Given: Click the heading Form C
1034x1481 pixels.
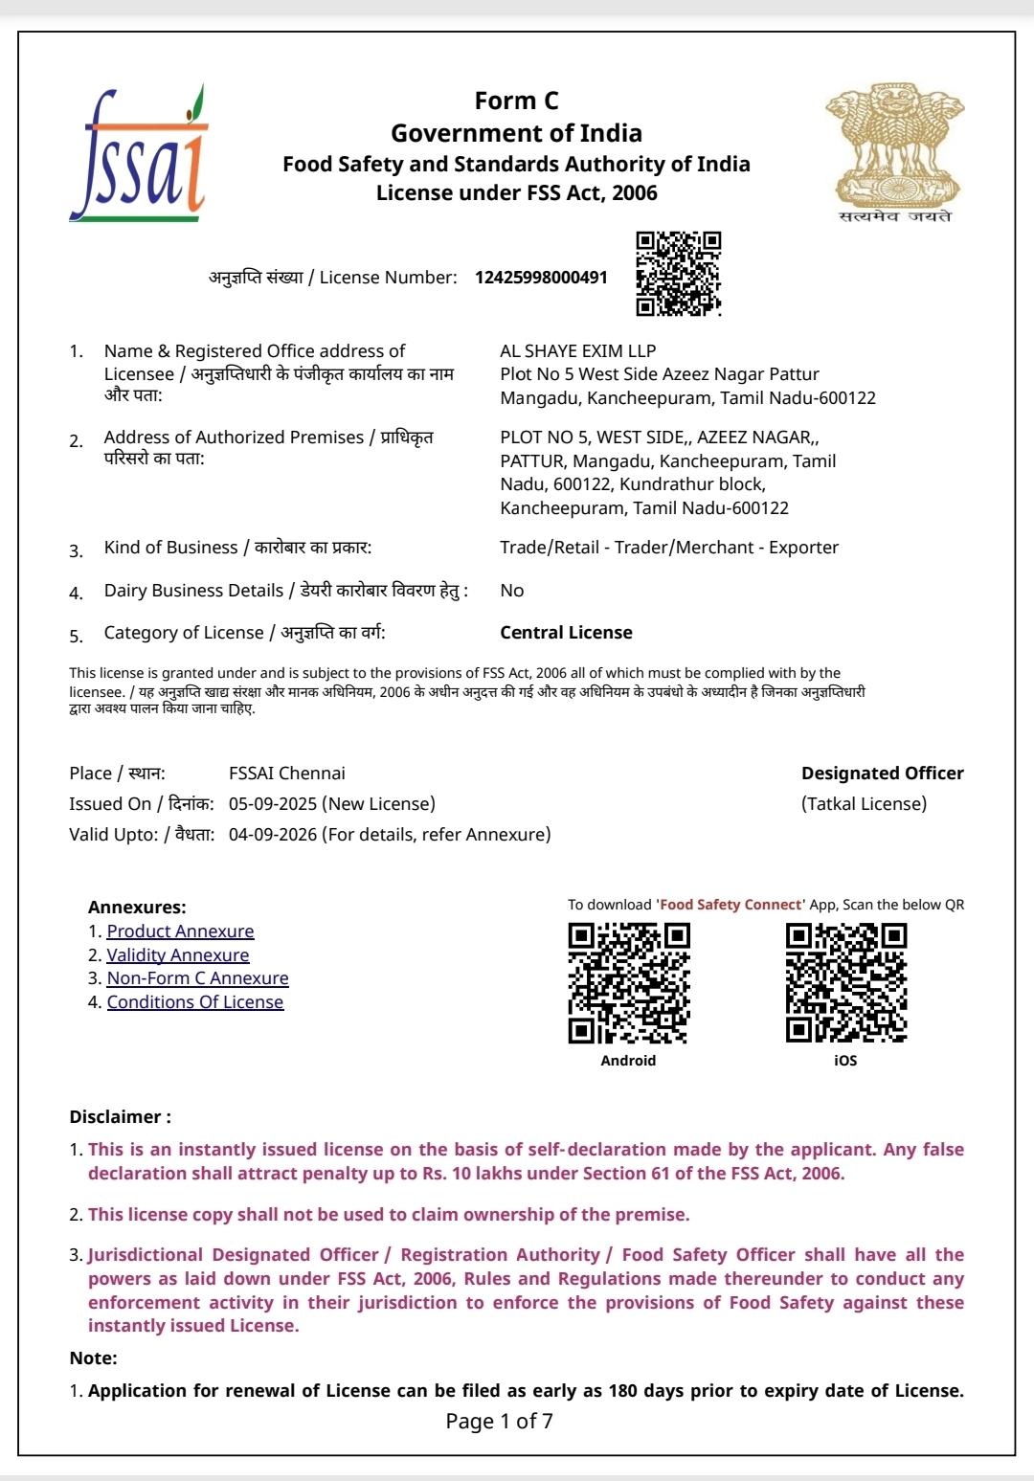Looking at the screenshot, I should (x=516, y=101).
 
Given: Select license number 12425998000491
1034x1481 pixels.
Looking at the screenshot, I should (x=541, y=278).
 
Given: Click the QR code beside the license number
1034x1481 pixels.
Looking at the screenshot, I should (x=678, y=274).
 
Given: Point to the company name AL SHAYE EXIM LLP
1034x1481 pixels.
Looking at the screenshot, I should (x=577, y=351).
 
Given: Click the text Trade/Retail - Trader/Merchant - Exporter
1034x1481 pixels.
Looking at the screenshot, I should (x=668, y=548).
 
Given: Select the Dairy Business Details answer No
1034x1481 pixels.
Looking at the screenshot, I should (x=511, y=591).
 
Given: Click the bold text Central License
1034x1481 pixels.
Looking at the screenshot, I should (x=566, y=633).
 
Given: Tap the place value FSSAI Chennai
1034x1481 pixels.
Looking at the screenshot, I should (x=286, y=774).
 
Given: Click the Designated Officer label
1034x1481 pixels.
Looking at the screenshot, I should (x=882, y=774).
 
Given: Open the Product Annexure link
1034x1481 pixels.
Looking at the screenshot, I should (x=180, y=931).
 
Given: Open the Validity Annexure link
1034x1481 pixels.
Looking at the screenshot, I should (x=178, y=955).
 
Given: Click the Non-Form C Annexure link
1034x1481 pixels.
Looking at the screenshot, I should (x=197, y=978).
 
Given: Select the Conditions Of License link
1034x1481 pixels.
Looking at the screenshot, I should (x=195, y=1002).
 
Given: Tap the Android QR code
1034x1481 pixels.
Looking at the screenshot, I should (x=628, y=983).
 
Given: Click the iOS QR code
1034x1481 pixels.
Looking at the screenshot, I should (x=845, y=983).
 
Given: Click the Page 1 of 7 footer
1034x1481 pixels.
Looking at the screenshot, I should (x=499, y=1422).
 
